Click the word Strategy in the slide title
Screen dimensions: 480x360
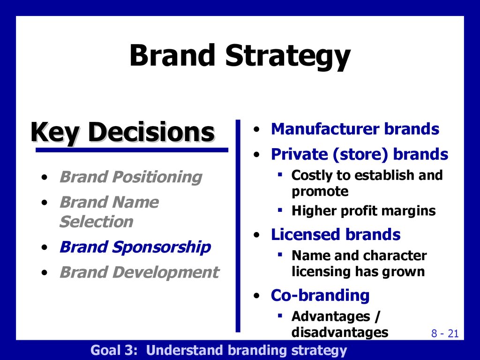coord(288,57)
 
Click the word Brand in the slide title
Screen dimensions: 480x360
coord(172,55)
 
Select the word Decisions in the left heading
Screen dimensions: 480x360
coord(151,132)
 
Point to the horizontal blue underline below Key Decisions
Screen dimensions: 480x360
coord(132,150)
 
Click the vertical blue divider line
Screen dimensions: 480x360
coord(238,226)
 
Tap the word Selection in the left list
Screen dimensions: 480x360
coord(97,221)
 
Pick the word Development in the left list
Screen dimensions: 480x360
coord(165,272)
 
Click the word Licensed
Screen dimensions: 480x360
coord(306,234)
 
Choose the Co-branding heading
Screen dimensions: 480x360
coord(320,296)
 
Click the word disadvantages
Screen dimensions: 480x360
coord(340,332)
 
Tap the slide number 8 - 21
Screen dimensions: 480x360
coord(445,333)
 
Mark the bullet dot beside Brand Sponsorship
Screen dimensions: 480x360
coord(45,247)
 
